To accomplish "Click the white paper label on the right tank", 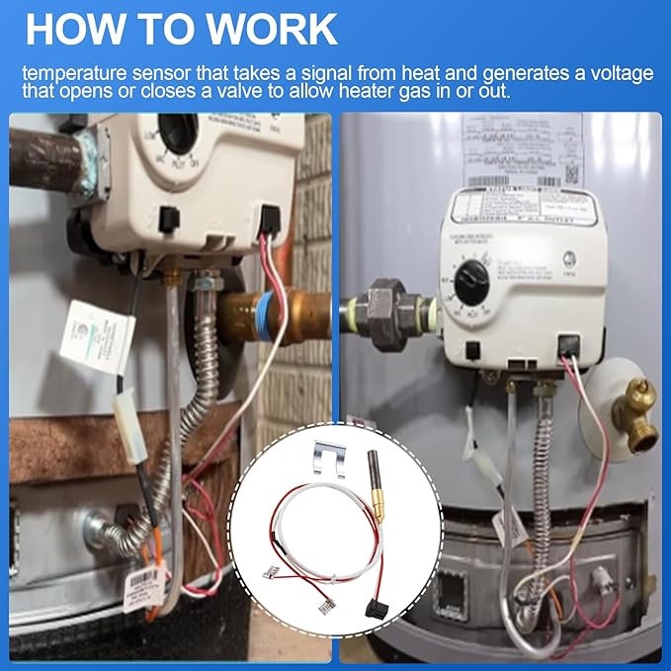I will [x=524, y=148].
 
